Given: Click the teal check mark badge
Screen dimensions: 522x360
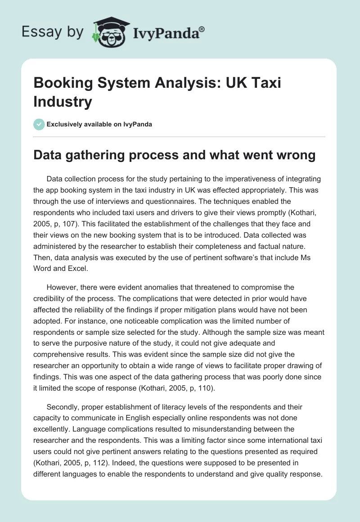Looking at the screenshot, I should pos(39,124).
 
